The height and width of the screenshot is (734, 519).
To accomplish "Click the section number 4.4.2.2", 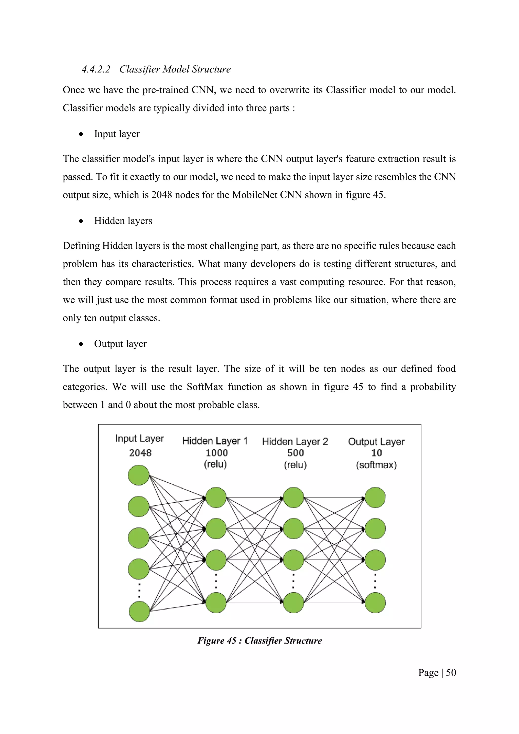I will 96,69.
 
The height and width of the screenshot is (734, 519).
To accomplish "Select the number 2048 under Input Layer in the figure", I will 140,453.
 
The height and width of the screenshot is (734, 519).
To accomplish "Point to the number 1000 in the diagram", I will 217,453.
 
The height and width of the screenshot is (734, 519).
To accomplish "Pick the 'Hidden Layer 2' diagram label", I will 295,442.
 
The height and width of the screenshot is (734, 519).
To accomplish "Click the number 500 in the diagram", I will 296,453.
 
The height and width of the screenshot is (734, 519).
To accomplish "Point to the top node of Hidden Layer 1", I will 216,498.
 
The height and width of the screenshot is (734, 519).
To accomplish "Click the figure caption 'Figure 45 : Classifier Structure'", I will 259,641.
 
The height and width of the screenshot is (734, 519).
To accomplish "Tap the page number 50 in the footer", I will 451,673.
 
